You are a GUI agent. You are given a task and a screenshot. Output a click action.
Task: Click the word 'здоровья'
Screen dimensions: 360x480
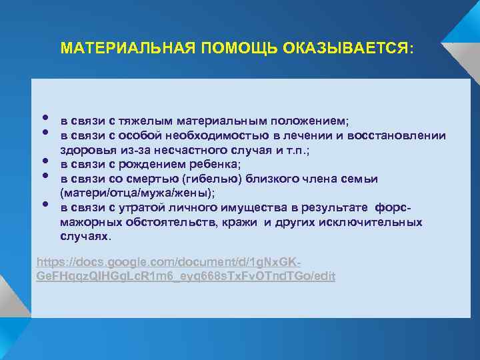84,150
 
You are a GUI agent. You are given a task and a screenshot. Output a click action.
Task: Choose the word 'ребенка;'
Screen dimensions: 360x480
215,164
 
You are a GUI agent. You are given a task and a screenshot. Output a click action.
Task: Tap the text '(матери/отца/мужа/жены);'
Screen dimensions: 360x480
137,193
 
